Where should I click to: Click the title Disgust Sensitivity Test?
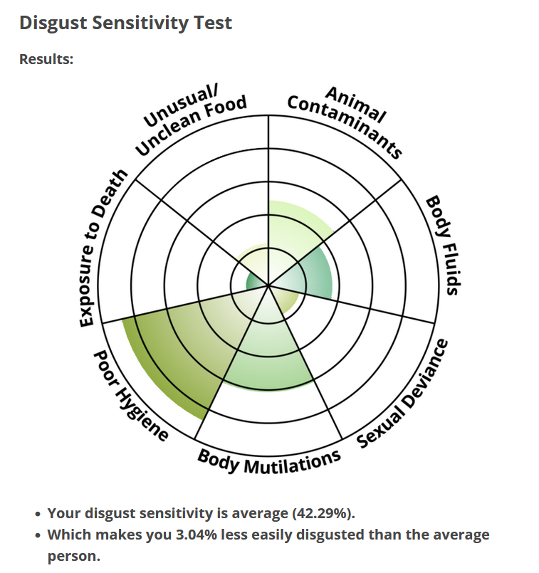pyautogui.click(x=125, y=23)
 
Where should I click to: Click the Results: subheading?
pyautogui.click(x=46, y=59)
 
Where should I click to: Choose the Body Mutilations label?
pyautogui.click(x=269, y=461)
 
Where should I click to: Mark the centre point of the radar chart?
pyautogui.click(x=268, y=286)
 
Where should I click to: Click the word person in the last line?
pyautogui.click(x=73, y=555)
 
